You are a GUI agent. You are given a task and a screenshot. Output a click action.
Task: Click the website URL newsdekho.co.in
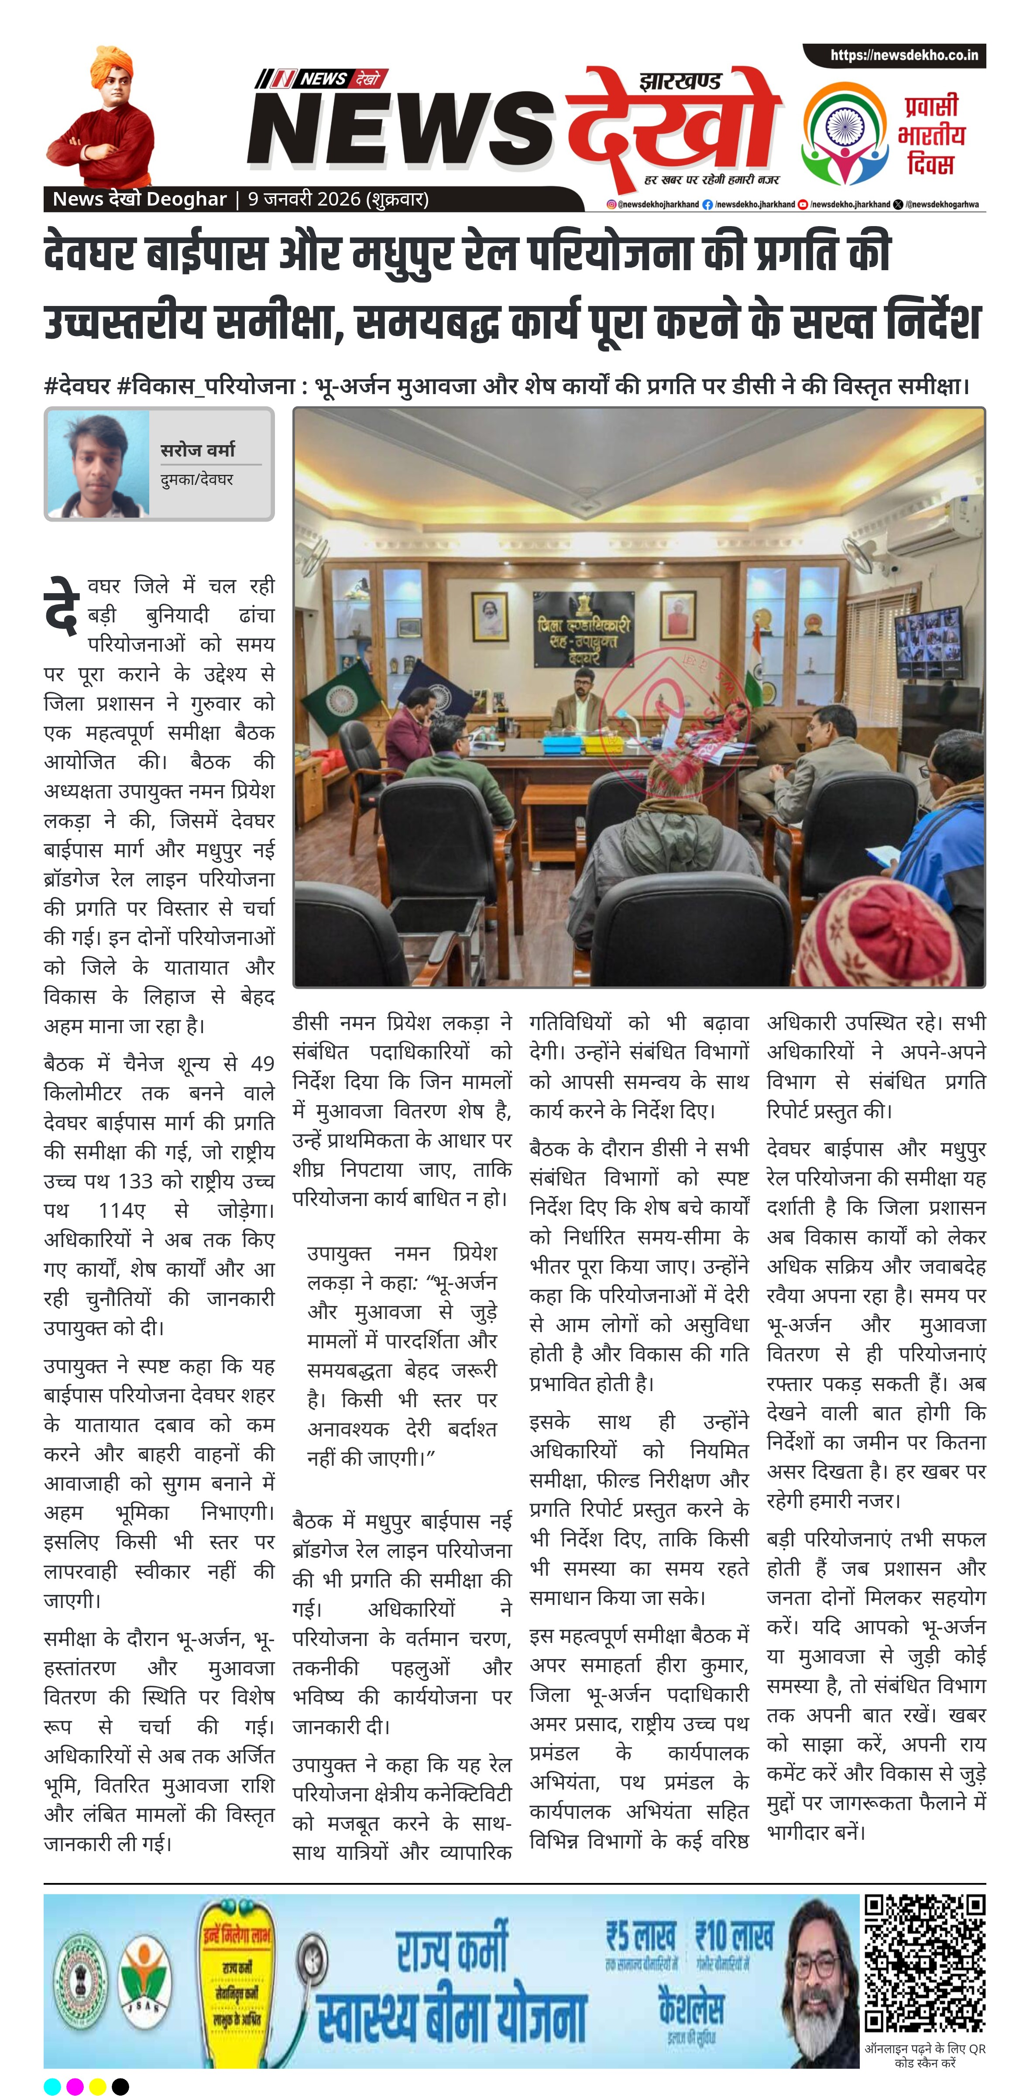tap(903, 55)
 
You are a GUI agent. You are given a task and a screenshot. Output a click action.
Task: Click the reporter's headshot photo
tap(98, 464)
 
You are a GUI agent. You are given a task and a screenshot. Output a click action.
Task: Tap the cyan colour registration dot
tap(52, 2086)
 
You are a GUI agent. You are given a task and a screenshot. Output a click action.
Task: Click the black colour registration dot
tap(120, 2086)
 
